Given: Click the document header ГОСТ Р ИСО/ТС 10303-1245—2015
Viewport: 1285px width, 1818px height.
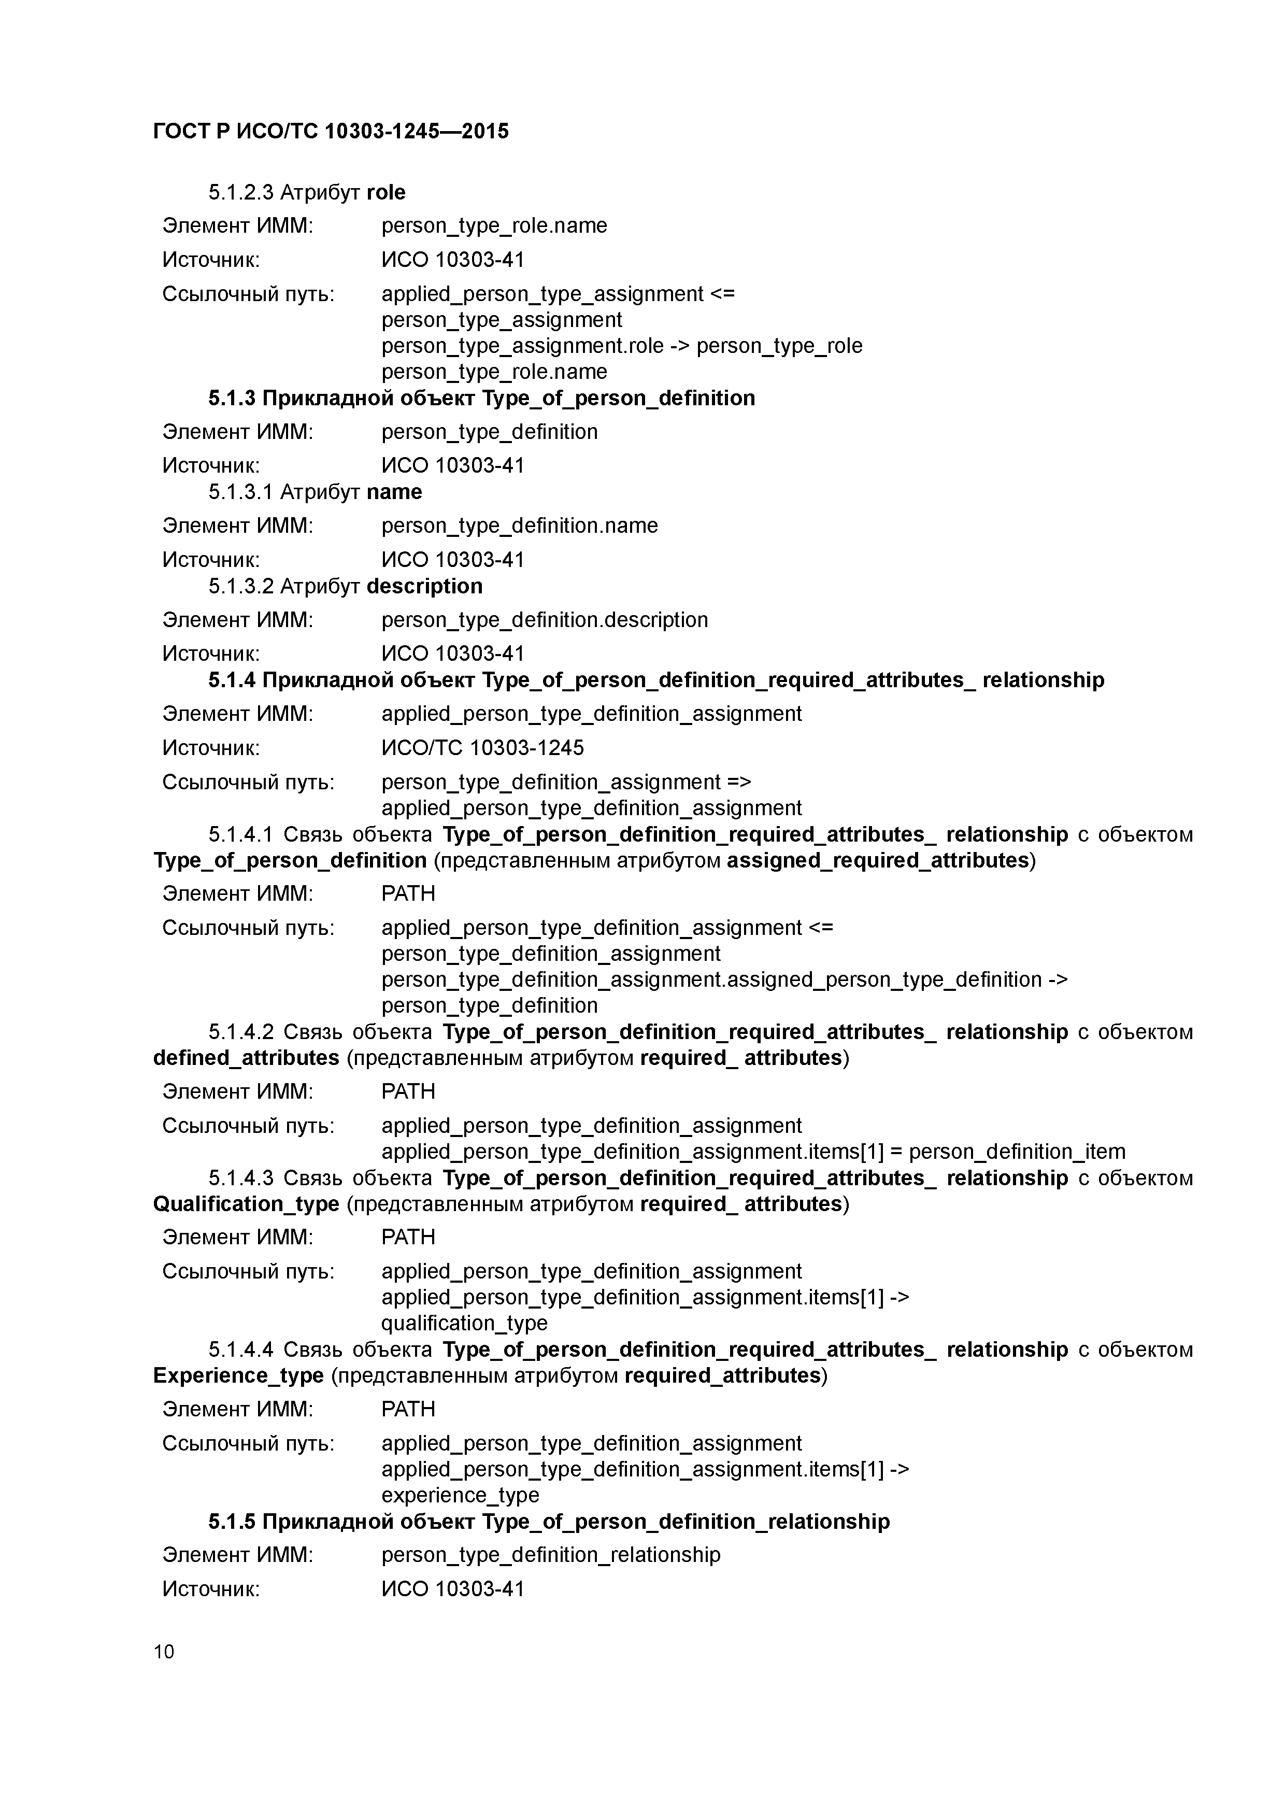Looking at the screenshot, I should pyautogui.click(x=331, y=131).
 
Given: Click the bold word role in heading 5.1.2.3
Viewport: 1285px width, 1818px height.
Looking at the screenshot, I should pyautogui.click(x=387, y=192).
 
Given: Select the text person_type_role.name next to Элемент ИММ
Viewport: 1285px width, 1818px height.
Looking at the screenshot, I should pyautogui.click(x=494, y=225).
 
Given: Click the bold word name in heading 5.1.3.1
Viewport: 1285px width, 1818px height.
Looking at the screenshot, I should pyautogui.click(x=394, y=492).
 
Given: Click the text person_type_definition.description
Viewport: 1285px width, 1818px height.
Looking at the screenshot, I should pyautogui.click(x=545, y=619).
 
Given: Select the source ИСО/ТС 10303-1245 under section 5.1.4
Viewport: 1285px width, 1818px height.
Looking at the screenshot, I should pyautogui.click(x=482, y=747).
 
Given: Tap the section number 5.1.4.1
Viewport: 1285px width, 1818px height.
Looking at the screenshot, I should pyautogui.click(x=241, y=834).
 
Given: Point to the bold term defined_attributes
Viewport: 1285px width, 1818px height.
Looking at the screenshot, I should pyautogui.click(x=246, y=1058).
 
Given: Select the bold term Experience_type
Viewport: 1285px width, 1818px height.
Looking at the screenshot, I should pyautogui.click(x=238, y=1375).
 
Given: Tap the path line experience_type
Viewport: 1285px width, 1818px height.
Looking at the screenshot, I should pyautogui.click(x=460, y=1495).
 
